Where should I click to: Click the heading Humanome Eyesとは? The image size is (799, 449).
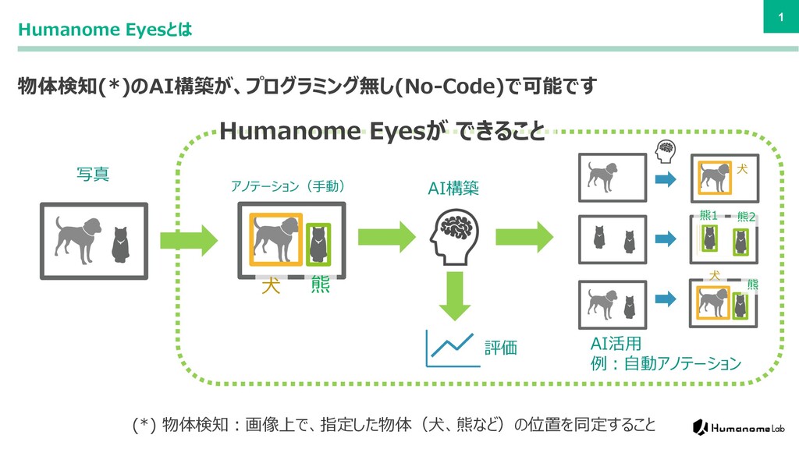tap(105, 30)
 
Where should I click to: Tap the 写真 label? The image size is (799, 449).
tap(93, 174)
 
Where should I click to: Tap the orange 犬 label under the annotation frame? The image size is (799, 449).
tap(271, 287)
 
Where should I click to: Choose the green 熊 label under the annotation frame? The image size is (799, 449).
tap(320, 286)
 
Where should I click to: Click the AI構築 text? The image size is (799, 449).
tap(453, 188)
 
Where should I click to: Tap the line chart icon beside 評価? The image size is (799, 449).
tap(448, 348)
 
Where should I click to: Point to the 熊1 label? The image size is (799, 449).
tap(708, 216)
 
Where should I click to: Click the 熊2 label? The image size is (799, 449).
tap(746, 217)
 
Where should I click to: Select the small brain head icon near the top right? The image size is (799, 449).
tap(666, 150)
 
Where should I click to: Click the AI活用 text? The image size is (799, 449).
tap(616, 344)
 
